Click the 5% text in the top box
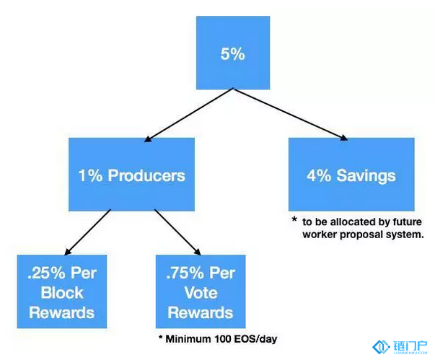(233, 54)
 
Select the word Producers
(146, 175)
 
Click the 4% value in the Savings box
(319, 176)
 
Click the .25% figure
(46, 273)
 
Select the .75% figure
(185, 273)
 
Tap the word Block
(62, 293)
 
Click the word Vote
(201, 293)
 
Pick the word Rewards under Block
(62, 312)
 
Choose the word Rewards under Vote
(201, 312)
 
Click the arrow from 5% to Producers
(189, 115)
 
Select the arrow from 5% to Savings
(291, 114)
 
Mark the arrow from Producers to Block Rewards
(87, 232)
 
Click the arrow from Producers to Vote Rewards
(177, 232)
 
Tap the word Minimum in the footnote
(188, 339)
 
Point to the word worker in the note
(320, 234)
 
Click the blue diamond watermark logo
(382, 347)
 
